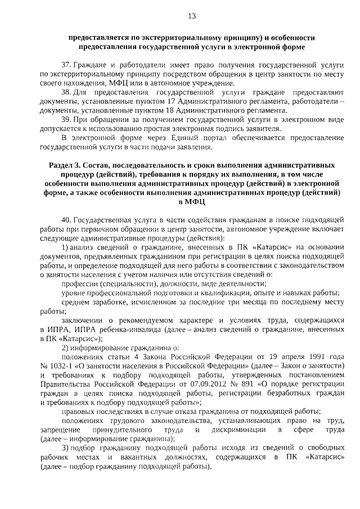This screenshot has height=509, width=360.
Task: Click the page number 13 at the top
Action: (x=191, y=16)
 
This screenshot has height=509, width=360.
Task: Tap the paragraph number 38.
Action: (x=66, y=92)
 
